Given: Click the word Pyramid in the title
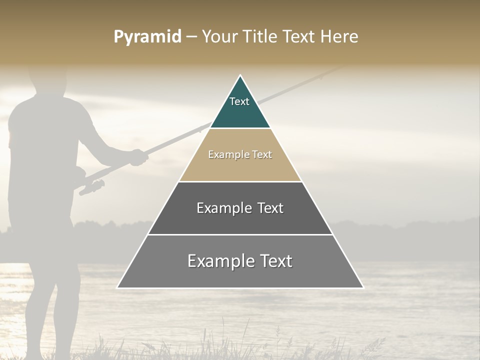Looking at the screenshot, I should coord(147,36).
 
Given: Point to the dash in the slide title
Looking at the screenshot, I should coord(191,37).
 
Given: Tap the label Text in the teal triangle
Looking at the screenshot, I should coord(239,101).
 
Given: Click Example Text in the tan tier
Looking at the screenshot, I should coord(240,154).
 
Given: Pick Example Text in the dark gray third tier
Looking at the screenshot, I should coord(240,208).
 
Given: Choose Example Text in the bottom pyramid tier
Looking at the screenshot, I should coord(240,261).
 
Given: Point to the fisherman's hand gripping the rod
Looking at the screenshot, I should coord(137,157).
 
